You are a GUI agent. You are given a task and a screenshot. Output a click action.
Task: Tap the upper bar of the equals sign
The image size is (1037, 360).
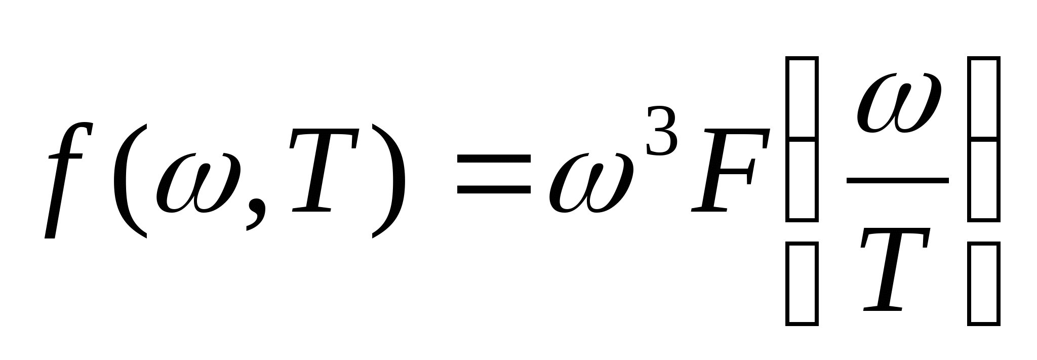[x=494, y=159]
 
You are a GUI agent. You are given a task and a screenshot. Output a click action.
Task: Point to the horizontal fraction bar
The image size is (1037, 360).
[x=897, y=180]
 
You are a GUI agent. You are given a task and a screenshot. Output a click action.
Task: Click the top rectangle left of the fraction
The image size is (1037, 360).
[x=802, y=97]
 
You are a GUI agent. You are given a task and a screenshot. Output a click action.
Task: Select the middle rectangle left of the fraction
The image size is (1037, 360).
[x=802, y=180]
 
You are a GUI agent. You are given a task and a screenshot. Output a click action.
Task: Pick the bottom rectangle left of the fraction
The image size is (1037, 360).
[x=802, y=284]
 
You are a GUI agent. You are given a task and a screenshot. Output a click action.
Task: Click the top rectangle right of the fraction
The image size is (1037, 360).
[x=983, y=97]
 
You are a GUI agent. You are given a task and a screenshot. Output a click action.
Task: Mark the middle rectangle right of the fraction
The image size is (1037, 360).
[x=983, y=180]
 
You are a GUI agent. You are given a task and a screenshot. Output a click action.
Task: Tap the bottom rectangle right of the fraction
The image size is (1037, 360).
[x=983, y=284]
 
